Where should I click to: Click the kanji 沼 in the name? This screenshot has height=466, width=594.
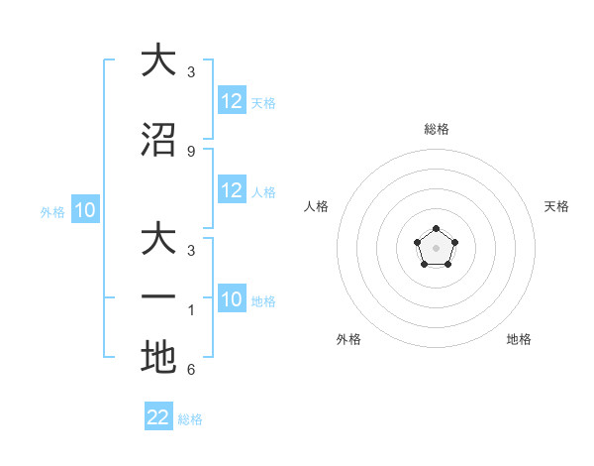click(158, 141)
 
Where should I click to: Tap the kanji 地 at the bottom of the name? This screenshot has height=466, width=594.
click(158, 358)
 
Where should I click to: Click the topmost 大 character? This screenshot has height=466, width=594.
click(158, 60)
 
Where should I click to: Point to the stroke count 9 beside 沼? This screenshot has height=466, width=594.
click(191, 151)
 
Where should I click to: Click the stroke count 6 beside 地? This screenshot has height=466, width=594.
click(191, 370)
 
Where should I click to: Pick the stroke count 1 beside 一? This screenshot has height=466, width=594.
click(191, 309)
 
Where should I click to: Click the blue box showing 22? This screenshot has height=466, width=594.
click(158, 417)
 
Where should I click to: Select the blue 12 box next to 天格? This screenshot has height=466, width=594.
click(232, 101)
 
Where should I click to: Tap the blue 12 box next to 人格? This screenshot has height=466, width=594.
click(232, 190)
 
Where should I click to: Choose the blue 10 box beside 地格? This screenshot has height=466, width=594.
click(232, 299)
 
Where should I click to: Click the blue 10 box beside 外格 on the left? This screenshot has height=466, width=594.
click(84, 210)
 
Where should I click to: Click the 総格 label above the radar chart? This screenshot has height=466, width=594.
click(436, 129)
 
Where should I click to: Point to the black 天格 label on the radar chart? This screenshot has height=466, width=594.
click(556, 206)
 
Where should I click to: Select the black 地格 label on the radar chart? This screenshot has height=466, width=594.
click(519, 339)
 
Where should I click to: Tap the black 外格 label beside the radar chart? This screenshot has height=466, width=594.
click(348, 339)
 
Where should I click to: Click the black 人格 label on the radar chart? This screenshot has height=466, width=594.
click(317, 206)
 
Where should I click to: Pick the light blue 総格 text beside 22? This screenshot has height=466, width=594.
click(191, 419)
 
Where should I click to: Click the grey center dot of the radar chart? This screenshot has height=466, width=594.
click(436, 247)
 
